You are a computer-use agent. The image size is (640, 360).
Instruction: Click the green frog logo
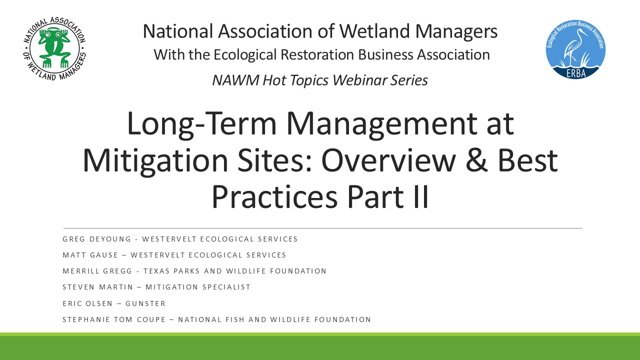(54, 48)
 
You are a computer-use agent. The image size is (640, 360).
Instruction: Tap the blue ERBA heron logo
(575, 49)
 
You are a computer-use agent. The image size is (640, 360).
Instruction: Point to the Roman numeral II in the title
(421, 197)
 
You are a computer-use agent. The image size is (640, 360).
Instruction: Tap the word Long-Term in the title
(201, 124)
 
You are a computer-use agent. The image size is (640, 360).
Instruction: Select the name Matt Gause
(90, 255)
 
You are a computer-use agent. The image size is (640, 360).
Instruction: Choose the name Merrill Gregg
(97, 271)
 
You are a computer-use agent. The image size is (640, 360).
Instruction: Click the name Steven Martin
(97, 287)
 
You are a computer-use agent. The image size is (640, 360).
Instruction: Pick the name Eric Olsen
(87, 303)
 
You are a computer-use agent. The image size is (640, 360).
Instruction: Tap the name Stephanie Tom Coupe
(114, 319)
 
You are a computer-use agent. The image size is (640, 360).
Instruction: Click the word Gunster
(145, 303)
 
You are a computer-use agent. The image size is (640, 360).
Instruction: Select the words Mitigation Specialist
(198, 287)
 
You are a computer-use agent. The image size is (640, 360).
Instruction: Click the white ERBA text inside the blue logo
(576, 73)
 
